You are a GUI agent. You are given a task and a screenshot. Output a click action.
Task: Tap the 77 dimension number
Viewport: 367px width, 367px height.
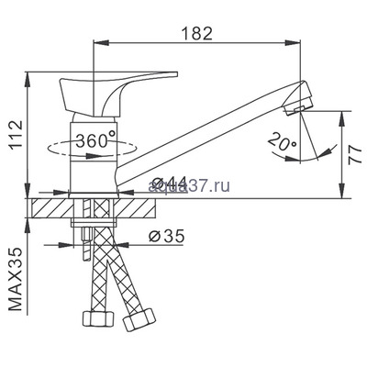click(x=352, y=152)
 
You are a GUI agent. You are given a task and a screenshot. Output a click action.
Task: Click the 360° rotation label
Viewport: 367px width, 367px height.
click(x=95, y=141)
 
